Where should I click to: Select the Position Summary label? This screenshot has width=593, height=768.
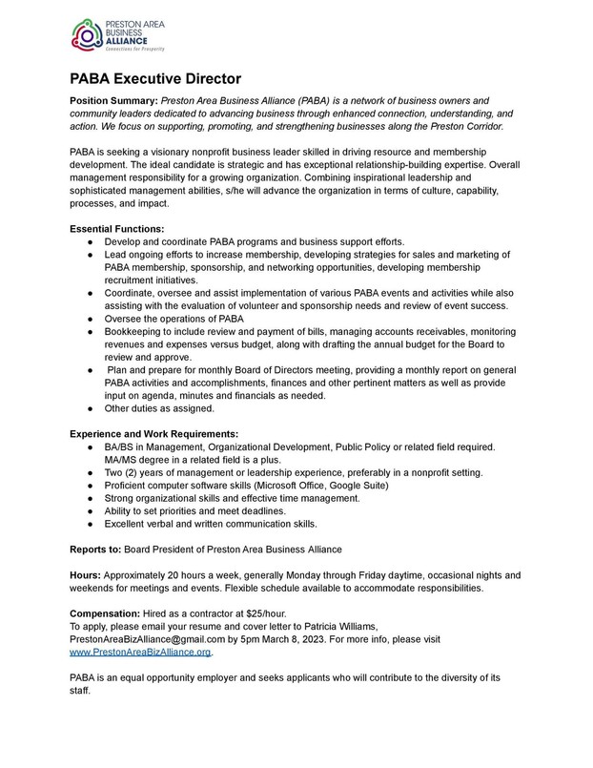pyautogui.click(x=113, y=100)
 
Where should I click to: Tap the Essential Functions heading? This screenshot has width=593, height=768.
pyautogui.click(x=117, y=229)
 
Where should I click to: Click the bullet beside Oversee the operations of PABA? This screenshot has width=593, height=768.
pyautogui.click(x=88, y=318)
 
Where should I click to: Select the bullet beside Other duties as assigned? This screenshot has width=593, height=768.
pyautogui.click(x=88, y=408)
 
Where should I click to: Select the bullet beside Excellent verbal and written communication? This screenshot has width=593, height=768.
pyautogui.click(x=88, y=525)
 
